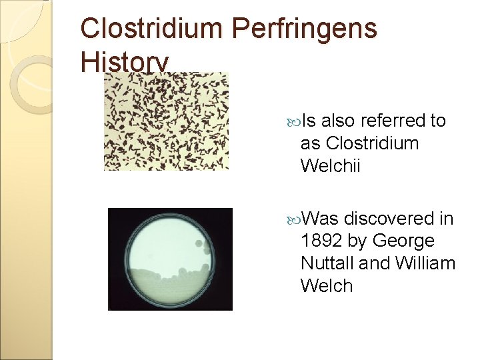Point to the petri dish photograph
pos(171,259)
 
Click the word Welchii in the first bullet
pos(330,166)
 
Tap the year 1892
pos(324,241)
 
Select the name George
pos(404,241)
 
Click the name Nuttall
pos(327,263)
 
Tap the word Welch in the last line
pos(326,286)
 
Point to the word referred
pos(393,121)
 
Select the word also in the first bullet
pos(339,121)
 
